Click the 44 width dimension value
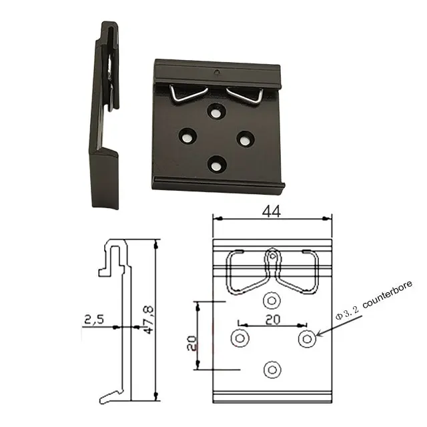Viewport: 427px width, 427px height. click(x=272, y=211)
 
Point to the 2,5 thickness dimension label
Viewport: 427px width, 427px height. click(x=94, y=320)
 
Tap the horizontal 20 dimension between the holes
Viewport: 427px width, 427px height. click(x=272, y=320)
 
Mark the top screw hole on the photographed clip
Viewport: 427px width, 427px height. click(x=216, y=112)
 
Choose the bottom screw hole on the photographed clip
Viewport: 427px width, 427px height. click(x=216, y=163)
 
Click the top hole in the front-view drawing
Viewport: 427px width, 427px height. click(x=272, y=299)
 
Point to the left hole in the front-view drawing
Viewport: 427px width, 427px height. click(x=239, y=338)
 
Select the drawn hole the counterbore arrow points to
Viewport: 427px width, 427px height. click(x=306, y=338)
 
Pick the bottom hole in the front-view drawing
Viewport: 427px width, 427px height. click(x=272, y=369)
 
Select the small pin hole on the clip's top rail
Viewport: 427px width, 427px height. click(x=216, y=71)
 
